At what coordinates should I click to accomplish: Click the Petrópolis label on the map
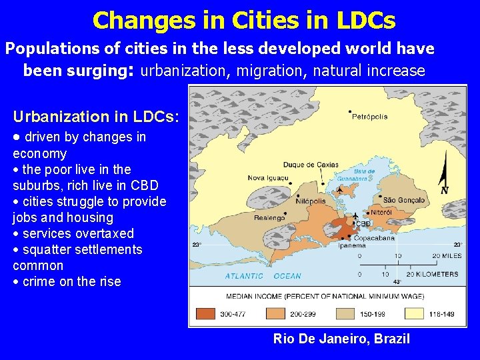point(369,117)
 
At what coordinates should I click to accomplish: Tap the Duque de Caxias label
point(311,165)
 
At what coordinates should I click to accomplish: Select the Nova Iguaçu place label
point(269,178)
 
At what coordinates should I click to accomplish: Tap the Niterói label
point(381,212)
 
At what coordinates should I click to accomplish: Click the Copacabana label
point(374,237)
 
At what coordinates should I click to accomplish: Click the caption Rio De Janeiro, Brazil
point(341,339)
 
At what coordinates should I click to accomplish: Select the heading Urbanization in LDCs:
point(95,117)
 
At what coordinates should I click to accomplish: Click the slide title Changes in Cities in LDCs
point(244,20)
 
